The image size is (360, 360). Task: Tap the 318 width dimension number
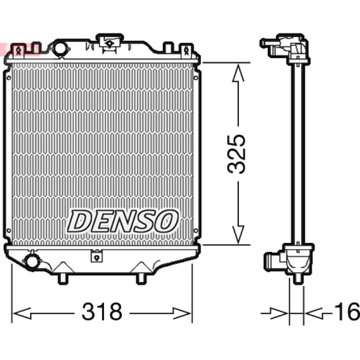(102, 311)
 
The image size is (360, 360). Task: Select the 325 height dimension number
(236, 154)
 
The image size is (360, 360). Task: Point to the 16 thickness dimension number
(347, 311)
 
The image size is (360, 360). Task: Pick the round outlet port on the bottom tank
(31, 261)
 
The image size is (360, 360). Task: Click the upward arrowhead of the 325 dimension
(238, 72)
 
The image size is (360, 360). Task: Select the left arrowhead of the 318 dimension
(22, 313)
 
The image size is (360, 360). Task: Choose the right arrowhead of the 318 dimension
(182, 313)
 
